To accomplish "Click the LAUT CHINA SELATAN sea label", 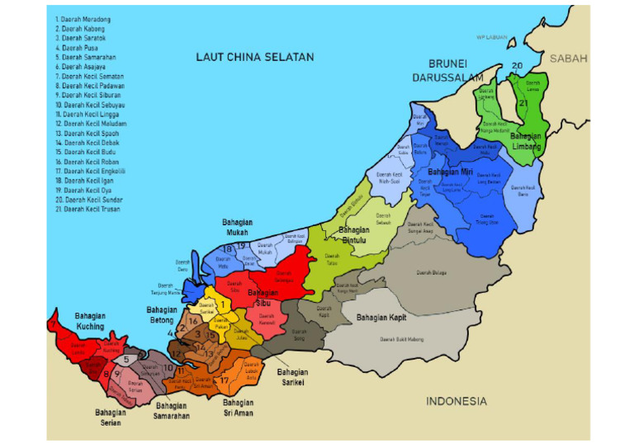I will pos(254,57).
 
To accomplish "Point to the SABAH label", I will pos(569,59).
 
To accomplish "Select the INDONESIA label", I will pos(456,402).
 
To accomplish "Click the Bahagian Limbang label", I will pos(526,141).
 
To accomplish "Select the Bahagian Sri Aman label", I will pos(239,408).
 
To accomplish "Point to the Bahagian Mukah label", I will pos(237,228).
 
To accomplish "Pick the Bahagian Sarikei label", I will pos(292,376).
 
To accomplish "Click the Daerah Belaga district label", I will pos(432,271).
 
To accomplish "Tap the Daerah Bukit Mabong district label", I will pos(403,339).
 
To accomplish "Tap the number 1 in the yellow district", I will pos(223,304).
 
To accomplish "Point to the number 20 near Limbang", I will pos(517,65).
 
